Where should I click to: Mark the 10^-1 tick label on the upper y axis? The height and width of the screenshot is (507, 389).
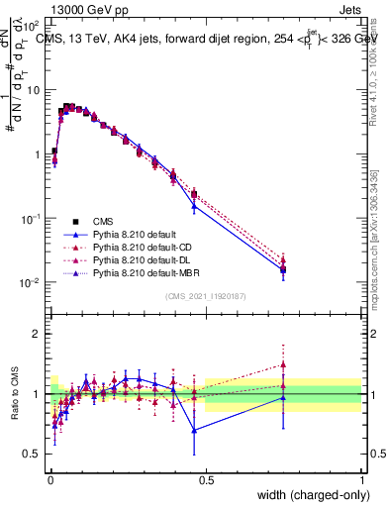tap(32, 219)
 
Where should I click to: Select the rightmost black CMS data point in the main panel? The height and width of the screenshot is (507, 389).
tap(283, 268)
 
